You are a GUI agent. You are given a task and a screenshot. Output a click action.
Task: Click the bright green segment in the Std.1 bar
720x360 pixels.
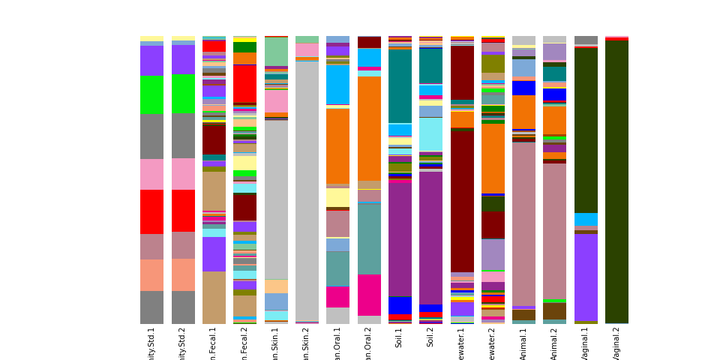click(x=151, y=94)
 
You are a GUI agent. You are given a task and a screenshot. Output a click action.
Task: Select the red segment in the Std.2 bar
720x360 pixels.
click(x=183, y=211)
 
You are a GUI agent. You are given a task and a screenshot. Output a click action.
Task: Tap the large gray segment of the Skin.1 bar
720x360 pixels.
click(x=276, y=199)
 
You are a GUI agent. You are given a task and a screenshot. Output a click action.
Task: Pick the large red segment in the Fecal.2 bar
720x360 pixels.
click(x=244, y=84)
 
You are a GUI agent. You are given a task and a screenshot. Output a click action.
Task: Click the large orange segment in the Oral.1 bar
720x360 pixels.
click(x=337, y=146)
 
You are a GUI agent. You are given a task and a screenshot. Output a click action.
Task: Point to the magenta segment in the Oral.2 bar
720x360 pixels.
click(x=369, y=295)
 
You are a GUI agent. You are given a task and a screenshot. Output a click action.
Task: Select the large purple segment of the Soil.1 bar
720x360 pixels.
click(x=400, y=238)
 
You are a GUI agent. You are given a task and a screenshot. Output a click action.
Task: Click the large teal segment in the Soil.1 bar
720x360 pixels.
click(x=400, y=86)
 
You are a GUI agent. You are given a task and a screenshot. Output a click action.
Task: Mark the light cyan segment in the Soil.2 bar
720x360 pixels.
click(x=430, y=134)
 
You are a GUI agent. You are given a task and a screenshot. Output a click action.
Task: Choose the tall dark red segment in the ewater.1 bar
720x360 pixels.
click(x=462, y=202)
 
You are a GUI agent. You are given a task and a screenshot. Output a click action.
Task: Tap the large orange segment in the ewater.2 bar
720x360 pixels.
click(x=493, y=158)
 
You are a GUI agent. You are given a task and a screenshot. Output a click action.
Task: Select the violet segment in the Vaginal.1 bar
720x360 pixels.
click(x=586, y=277)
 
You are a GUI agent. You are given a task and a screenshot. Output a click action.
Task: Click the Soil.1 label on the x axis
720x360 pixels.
click(x=400, y=337)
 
